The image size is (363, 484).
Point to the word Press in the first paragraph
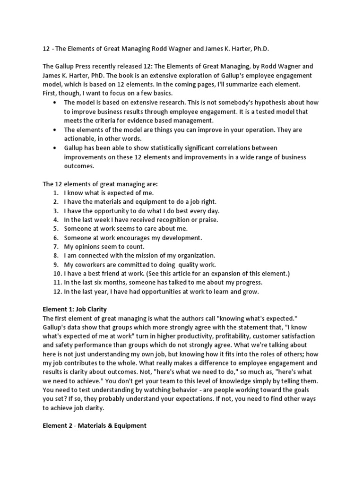click(x=88, y=66)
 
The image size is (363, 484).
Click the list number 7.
click(x=56, y=247)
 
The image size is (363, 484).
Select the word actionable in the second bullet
click(x=82, y=139)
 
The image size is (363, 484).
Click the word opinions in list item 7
click(x=90, y=247)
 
